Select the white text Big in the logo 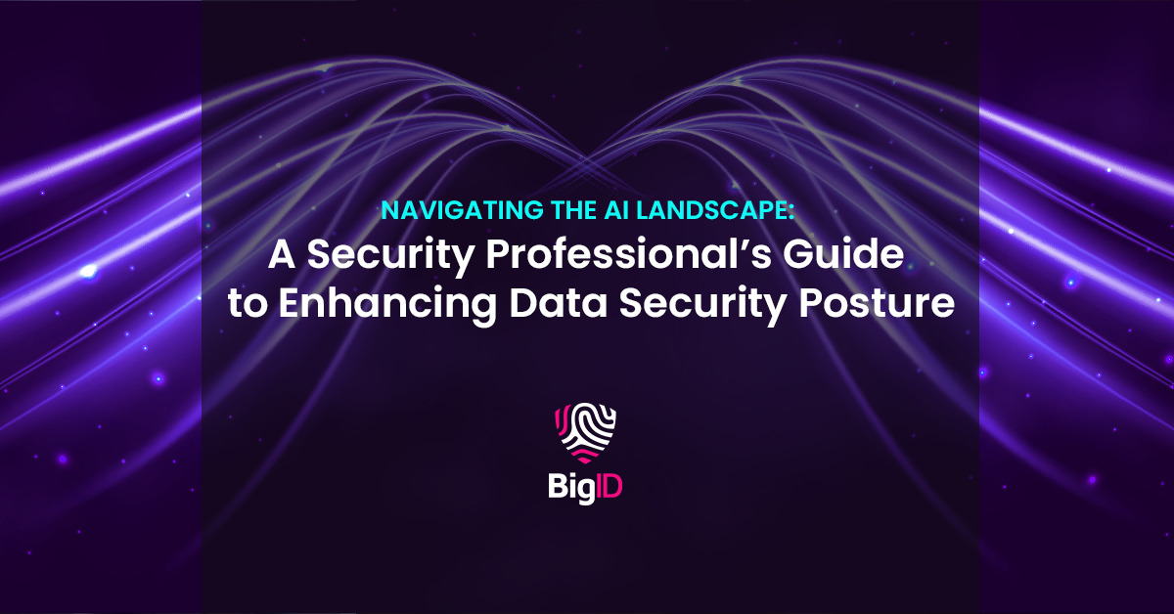pos(569,486)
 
